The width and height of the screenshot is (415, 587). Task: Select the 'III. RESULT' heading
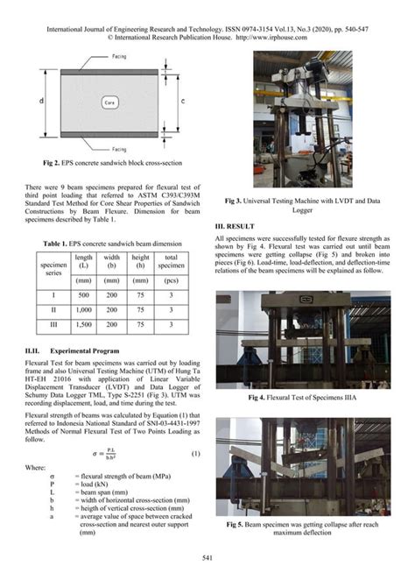[x=238, y=227]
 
